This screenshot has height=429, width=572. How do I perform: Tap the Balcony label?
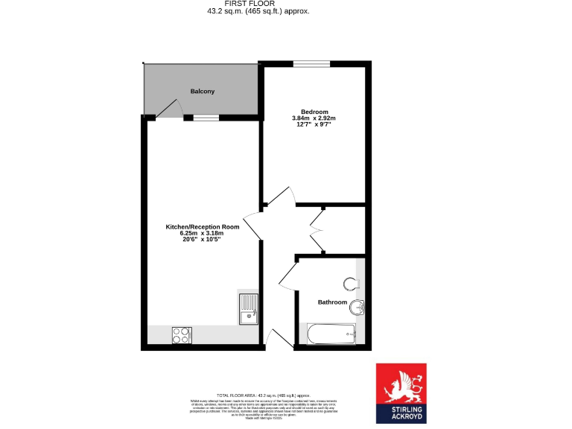202,92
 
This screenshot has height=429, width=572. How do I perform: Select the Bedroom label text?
314,112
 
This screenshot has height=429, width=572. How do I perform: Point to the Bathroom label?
332,302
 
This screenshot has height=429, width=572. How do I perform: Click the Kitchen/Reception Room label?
202,226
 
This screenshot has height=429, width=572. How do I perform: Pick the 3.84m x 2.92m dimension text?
314,118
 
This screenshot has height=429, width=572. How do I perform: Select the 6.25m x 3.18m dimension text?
202,233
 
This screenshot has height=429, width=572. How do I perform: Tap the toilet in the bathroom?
352,284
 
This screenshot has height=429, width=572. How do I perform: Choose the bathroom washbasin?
357,306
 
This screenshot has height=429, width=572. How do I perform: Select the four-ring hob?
181,335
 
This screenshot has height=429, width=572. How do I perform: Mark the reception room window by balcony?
206,118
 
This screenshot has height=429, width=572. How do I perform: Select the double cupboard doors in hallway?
318,230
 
